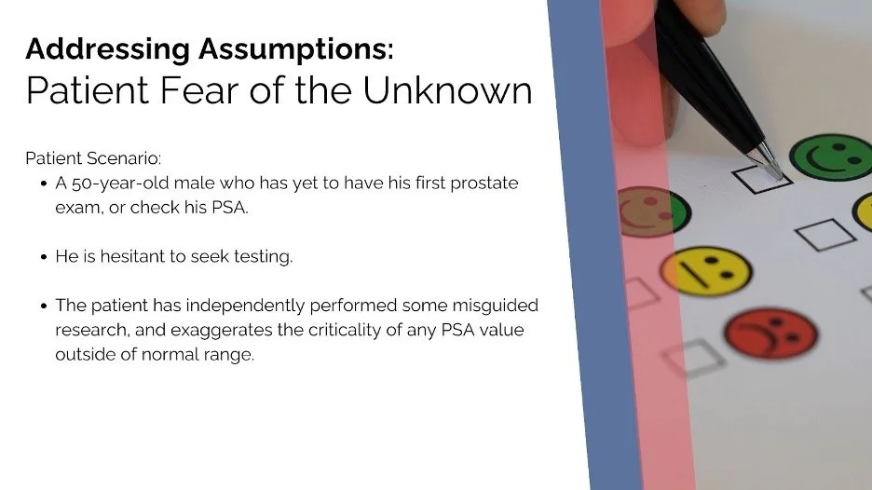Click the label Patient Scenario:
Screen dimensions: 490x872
point(93,157)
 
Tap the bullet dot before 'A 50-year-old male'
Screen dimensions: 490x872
point(44,184)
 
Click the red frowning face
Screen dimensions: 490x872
point(770,333)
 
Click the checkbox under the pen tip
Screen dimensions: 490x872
point(761,176)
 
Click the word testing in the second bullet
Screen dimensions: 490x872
point(266,256)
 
